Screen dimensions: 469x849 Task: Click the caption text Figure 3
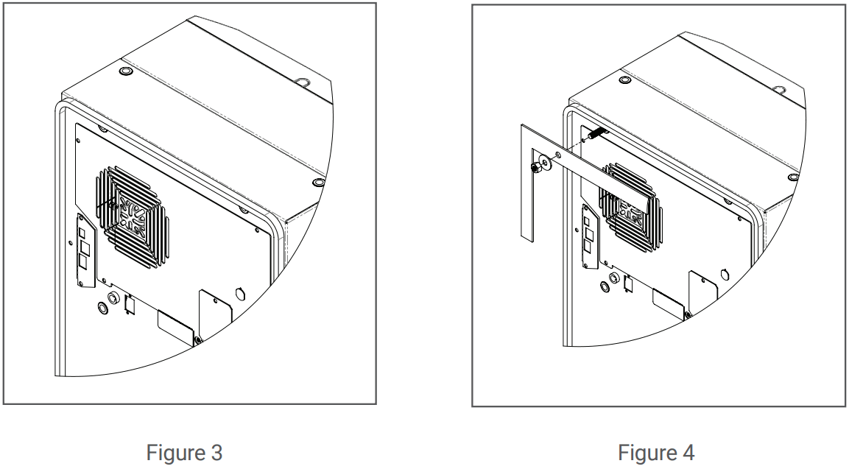184,451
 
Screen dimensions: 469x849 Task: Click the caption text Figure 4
655,451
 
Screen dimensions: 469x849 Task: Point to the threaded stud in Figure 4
596,134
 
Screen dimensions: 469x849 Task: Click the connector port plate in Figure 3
83,250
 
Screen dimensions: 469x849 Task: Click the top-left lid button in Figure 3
124,72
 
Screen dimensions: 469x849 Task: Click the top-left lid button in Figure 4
625,80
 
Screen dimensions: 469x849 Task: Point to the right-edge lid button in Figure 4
792,177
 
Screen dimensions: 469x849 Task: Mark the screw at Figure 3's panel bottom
198,340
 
